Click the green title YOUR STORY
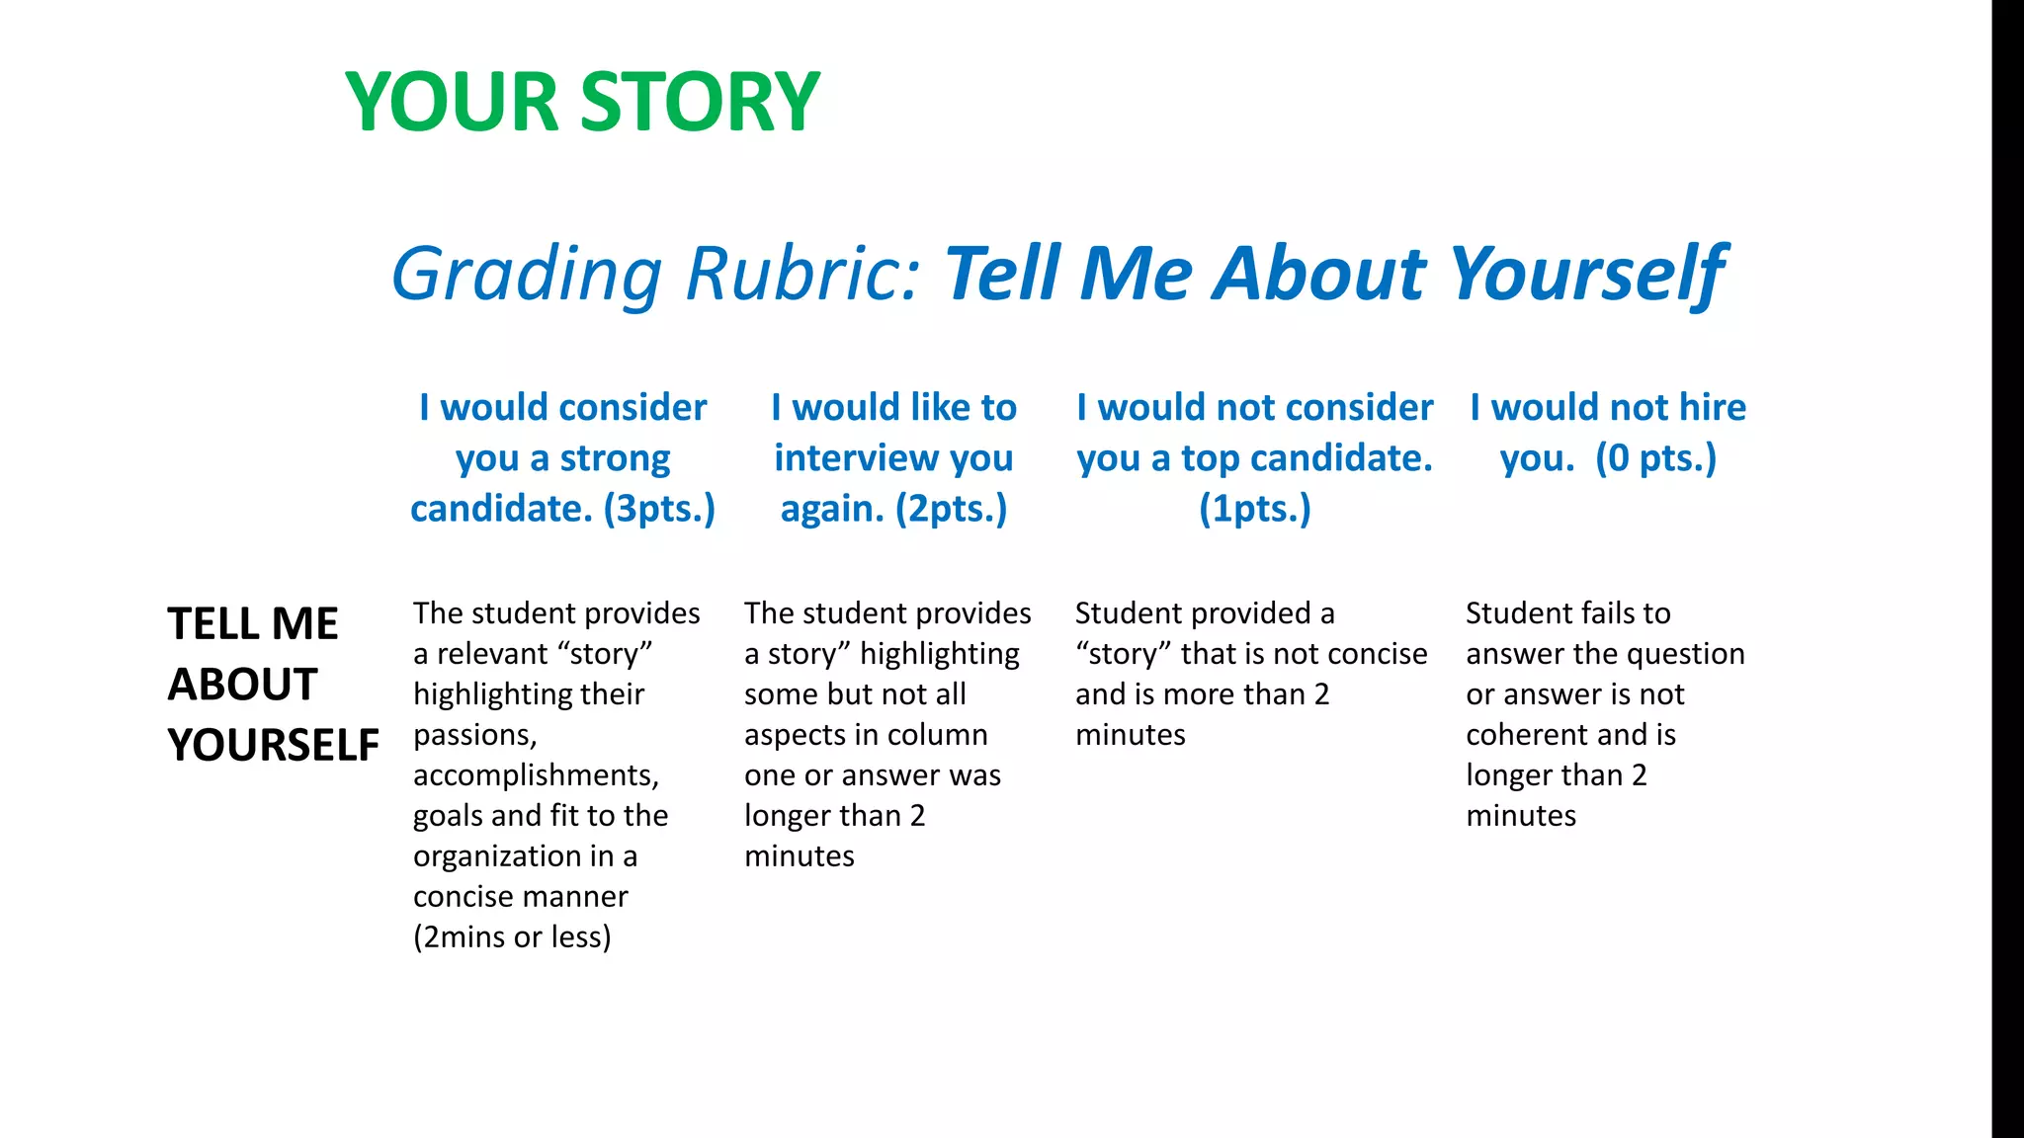click(582, 102)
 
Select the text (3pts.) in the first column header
click(659, 509)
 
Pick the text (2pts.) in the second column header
click(951, 509)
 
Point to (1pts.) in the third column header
click(1254, 509)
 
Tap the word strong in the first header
click(615, 458)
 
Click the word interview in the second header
click(856, 458)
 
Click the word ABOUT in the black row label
click(242, 685)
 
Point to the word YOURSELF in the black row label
click(273, 745)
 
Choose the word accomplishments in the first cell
click(535, 775)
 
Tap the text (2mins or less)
click(512, 936)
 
